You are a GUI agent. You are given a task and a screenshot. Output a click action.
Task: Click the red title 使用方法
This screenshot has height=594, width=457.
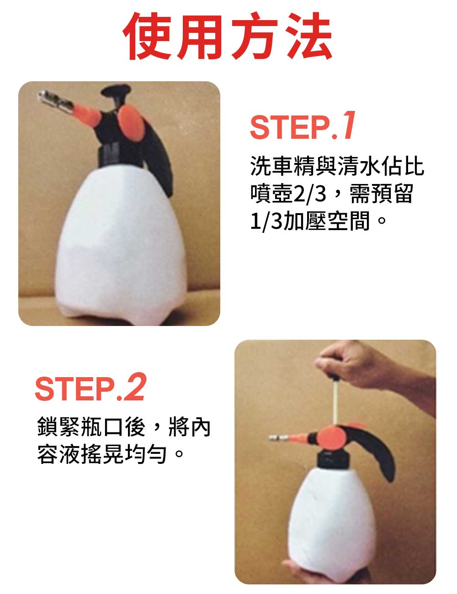pyautogui.click(x=228, y=36)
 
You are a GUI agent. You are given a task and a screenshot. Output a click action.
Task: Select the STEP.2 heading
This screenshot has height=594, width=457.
pyautogui.click(x=90, y=387)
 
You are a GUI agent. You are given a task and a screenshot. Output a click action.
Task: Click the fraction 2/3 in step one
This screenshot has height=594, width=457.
pyautogui.click(x=310, y=194)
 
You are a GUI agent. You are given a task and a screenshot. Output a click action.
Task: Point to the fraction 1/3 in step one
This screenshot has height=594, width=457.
pyautogui.click(x=266, y=221)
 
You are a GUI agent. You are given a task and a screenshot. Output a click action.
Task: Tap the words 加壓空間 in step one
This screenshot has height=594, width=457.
pyautogui.click(x=326, y=221)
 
